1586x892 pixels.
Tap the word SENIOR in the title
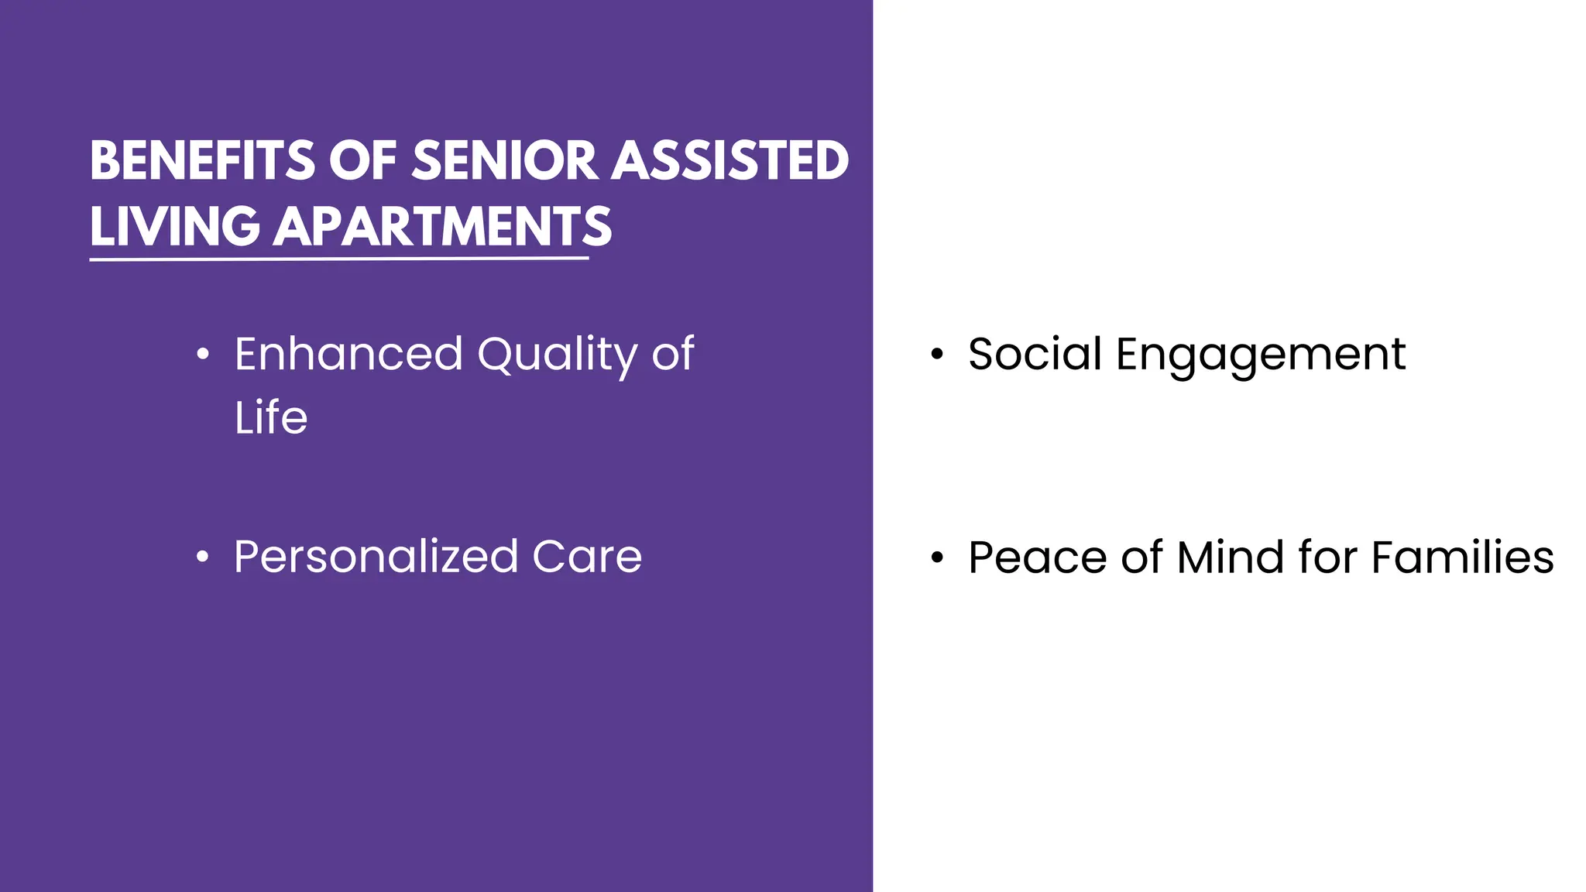coord(504,161)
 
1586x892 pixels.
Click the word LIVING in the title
coord(174,227)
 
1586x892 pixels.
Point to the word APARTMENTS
coord(442,227)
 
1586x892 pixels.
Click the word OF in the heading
coord(362,161)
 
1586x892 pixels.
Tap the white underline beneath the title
coord(338,259)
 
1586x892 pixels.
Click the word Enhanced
coord(348,355)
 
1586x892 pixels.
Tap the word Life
coord(271,418)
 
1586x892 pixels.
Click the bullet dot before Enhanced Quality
coord(203,355)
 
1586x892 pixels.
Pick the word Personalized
coord(376,557)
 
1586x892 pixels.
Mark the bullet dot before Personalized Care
coord(203,557)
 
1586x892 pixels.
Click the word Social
coord(1035,355)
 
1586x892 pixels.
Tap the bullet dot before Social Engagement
coord(937,355)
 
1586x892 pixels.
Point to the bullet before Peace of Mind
coord(937,557)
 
